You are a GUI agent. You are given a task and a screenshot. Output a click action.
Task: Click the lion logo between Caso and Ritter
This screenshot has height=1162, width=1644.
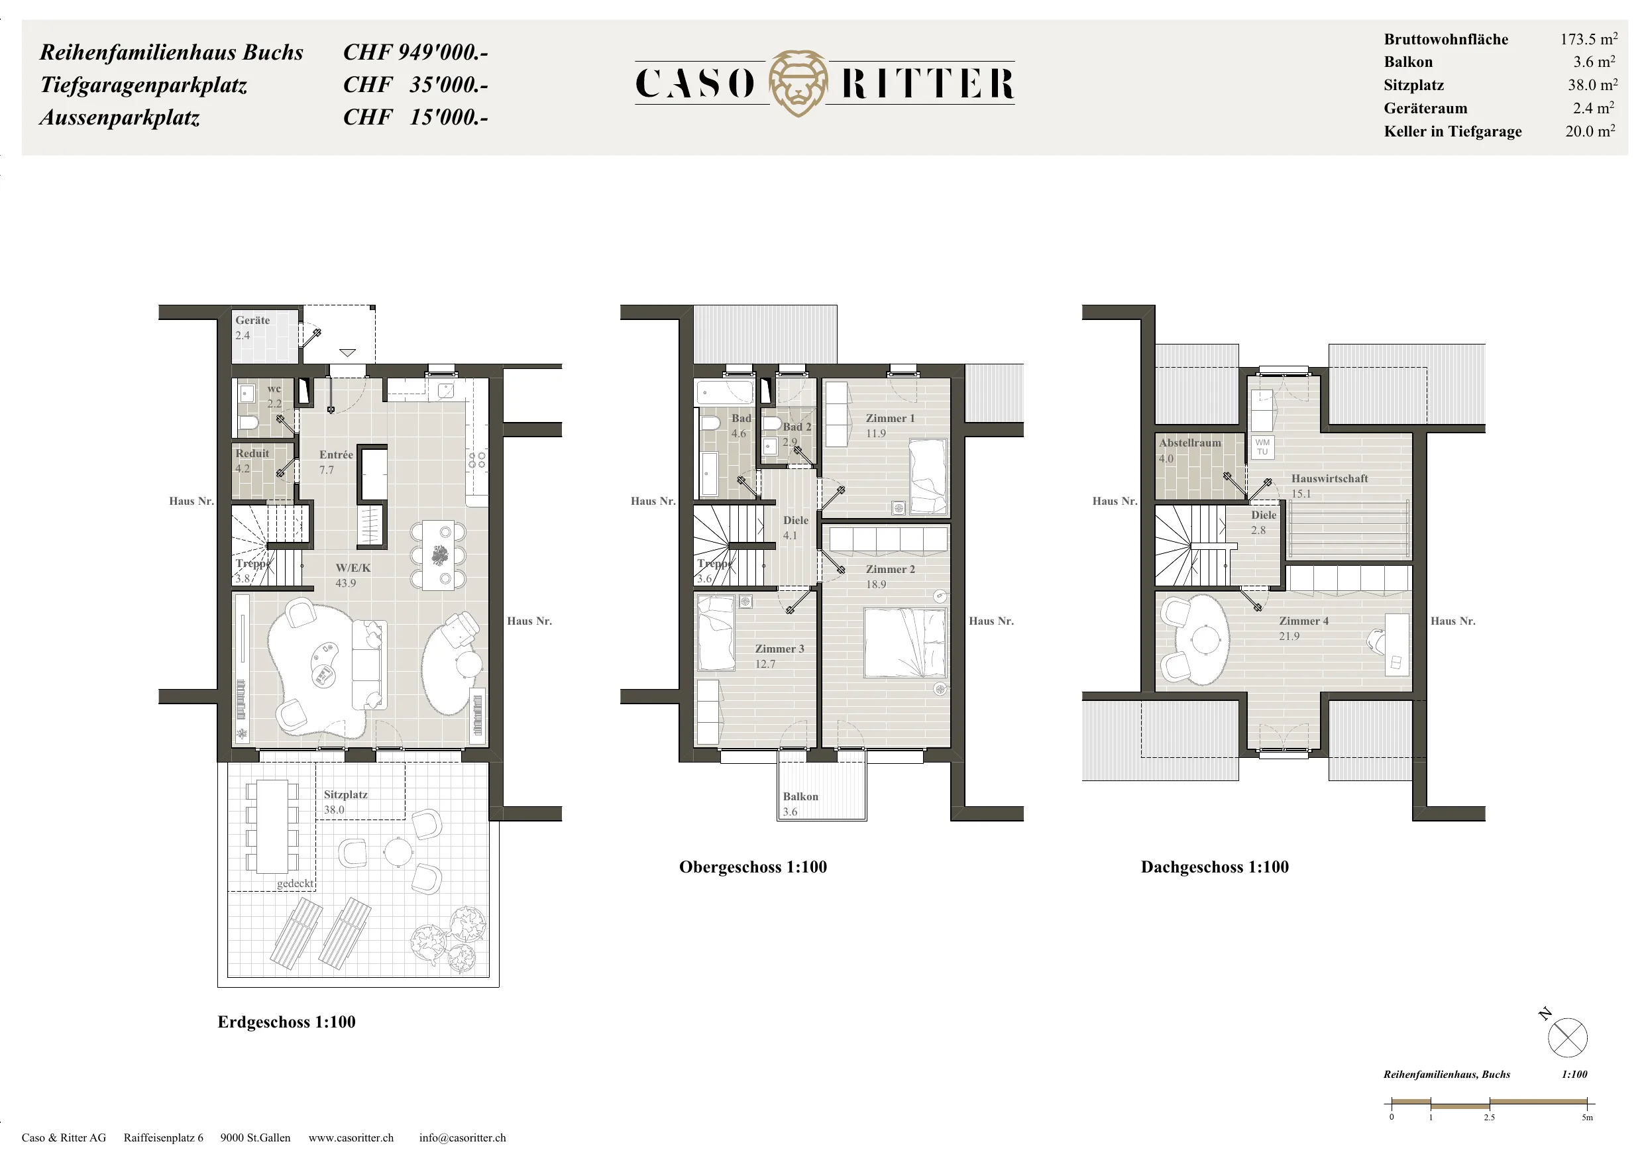(798, 83)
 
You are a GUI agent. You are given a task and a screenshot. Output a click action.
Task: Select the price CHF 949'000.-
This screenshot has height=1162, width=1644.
(415, 52)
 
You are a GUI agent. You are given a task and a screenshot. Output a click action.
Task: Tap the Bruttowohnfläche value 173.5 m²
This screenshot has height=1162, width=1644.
(1589, 38)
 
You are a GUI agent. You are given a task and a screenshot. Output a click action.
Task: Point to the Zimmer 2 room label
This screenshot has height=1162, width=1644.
(890, 569)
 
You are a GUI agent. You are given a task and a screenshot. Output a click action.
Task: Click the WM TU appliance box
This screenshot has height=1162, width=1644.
(1262, 447)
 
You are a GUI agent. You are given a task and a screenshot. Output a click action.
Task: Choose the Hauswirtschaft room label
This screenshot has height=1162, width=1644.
(1330, 478)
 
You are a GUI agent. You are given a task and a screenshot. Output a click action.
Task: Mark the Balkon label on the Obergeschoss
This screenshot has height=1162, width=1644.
(800, 796)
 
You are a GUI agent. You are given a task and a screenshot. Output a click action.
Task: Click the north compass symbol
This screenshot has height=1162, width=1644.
(1566, 1037)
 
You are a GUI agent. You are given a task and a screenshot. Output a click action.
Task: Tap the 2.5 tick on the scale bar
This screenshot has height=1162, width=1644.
(1490, 1103)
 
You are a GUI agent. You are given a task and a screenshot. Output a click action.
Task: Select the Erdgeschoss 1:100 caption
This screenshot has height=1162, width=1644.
(286, 1022)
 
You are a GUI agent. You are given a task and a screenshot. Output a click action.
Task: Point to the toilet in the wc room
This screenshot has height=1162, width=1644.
(248, 423)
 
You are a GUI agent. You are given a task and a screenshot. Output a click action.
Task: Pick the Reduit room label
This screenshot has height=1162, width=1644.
(252, 453)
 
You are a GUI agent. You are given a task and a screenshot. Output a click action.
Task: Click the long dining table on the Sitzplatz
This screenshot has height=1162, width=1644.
(272, 826)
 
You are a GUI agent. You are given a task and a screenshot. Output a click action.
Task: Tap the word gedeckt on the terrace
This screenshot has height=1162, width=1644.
(295, 884)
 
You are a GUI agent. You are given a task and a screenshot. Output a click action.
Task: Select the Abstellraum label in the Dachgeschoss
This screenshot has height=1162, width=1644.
(1190, 443)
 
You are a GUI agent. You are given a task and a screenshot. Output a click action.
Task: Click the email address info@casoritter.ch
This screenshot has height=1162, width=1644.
(463, 1137)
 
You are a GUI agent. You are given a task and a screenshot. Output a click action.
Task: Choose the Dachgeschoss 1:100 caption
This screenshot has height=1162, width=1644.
(1215, 867)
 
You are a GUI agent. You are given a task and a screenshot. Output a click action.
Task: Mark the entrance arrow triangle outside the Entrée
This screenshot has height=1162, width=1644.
(347, 352)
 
